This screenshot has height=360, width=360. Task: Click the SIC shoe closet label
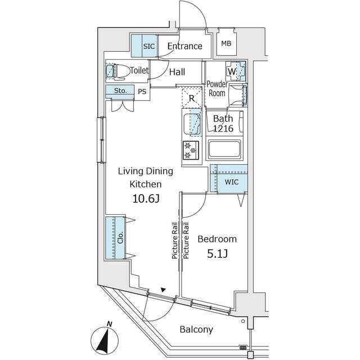pos(148,46)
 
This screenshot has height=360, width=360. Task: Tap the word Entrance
pos(184,46)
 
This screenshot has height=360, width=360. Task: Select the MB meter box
pos(226,44)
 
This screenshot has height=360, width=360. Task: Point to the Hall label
pos(177,71)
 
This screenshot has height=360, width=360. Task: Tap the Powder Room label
pos(217,88)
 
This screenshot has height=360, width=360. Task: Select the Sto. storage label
pos(120,91)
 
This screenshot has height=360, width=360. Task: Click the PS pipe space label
pos(142,91)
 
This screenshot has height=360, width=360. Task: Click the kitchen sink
pos(194,123)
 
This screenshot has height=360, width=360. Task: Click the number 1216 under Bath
pos(223,129)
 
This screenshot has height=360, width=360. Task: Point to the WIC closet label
pos(231,183)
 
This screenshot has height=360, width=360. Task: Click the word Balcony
pos(196,330)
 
